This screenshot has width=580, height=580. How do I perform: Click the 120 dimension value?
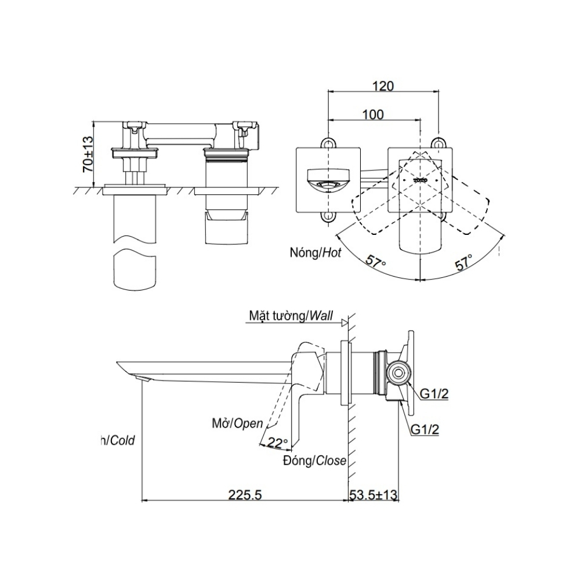(383, 86)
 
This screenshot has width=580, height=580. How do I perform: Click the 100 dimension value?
(373, 114)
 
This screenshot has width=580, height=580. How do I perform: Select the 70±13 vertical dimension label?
(87, 154)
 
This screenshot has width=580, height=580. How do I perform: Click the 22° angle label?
(278, 443)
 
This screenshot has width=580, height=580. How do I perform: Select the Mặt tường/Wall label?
(291, 316)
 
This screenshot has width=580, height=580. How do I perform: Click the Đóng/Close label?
(315, 461)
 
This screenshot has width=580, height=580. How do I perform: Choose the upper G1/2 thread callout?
(434, 394)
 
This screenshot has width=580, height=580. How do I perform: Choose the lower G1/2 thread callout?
(426, 430)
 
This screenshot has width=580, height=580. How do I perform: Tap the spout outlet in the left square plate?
(328, 184)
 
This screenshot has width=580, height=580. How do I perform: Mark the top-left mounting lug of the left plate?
(328, 143)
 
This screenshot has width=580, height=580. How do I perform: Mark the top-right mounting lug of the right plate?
(439, 143)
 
